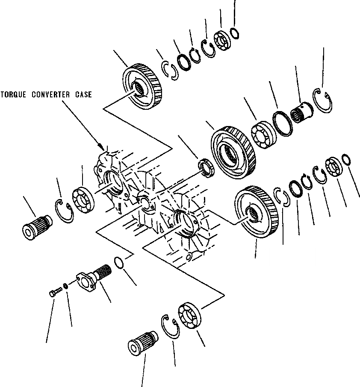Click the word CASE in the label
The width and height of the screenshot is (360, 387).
point(83,94)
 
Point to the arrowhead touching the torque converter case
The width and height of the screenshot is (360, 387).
point(102,147)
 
